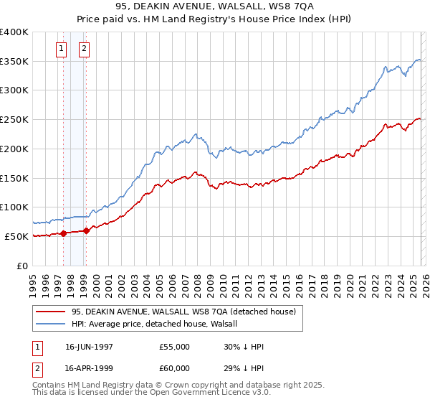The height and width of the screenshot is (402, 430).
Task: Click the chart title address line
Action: [214, 6]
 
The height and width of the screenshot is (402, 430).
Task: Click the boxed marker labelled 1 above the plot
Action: [61, 49]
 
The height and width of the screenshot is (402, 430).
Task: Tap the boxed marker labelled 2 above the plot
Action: [85, 49]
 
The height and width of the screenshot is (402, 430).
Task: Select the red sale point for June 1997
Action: [63, 233]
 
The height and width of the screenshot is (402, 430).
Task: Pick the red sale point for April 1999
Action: [86, 230]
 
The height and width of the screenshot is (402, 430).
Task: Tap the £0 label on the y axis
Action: [22, 266]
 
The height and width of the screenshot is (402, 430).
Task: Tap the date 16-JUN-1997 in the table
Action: [90, 347]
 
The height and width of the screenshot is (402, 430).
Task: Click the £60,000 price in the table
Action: [175, 370]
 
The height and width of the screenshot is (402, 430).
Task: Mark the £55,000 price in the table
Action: [175, 347]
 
